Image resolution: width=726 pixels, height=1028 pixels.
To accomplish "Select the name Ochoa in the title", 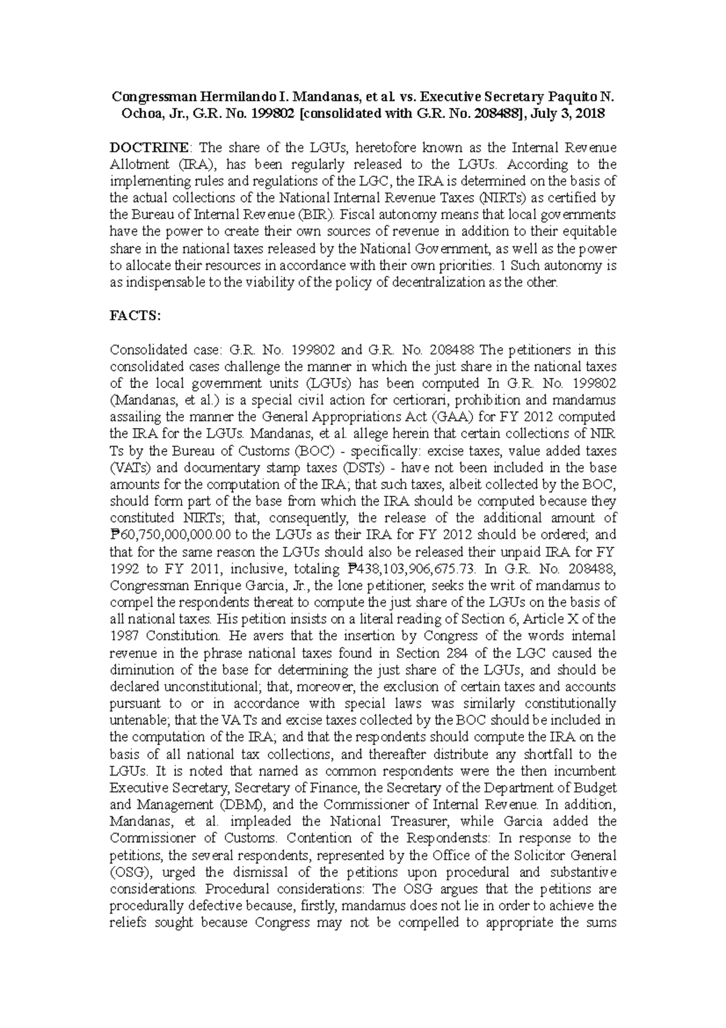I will tap(128, 114).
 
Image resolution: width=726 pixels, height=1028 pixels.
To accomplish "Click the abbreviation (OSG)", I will tap(129, 872).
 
